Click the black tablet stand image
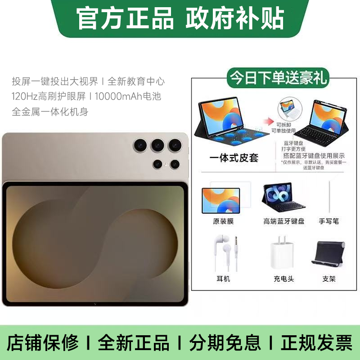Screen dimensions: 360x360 [x=328, y=253]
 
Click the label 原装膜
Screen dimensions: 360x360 [x=223, y=221]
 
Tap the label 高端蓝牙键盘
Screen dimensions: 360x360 [x=284, y=221]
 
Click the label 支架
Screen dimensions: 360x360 [x=329, y=279]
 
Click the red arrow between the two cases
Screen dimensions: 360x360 [x=269, y=121]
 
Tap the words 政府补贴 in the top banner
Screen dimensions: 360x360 [x=234, y=18]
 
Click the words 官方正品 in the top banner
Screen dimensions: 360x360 [x=125, y=18]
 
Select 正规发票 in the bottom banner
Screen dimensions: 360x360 [x=316, y=343]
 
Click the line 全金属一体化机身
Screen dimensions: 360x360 [x=50, y=111]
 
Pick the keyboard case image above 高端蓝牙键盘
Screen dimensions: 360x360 [x=283, y=198]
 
